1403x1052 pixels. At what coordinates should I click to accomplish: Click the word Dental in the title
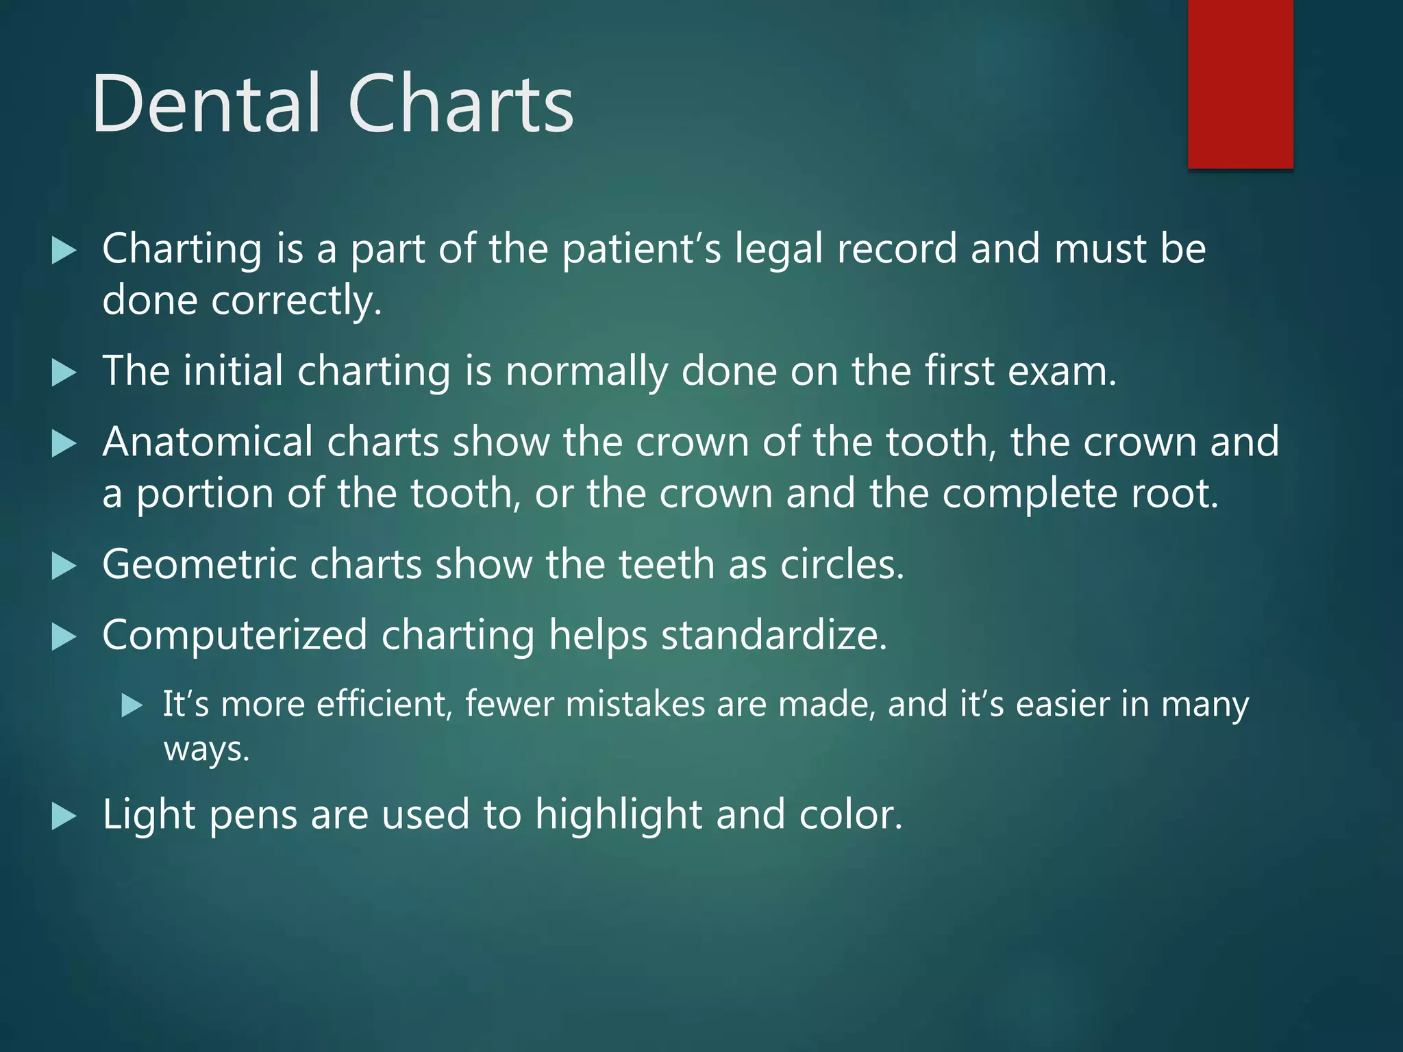pyautogui.click(x=206, y=104)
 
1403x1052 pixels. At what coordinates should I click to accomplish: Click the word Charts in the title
pyautogui.click(x=460, y=104)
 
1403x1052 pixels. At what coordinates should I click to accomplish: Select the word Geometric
pyautogui.click(x=199, y=566)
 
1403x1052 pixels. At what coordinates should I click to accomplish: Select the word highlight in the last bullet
pyautogui.click(x=618, y=815)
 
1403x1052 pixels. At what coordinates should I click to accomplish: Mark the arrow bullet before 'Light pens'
pyautogui.click(x=64, y=816)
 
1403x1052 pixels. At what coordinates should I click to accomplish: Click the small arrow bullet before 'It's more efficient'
pyautogui.click(x=132, y=705)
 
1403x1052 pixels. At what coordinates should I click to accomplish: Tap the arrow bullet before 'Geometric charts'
pyautogui.click(x=64, y=566)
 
